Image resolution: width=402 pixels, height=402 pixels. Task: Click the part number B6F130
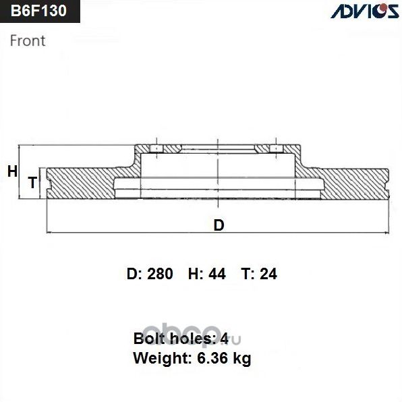pos(38,11)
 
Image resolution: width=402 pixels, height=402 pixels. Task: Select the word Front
pos(28,40)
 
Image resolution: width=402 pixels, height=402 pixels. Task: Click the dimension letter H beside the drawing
pos(11,172)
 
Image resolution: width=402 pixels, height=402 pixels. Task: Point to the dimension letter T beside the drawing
pos(31,182)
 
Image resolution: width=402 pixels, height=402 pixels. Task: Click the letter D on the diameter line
pos(218,225)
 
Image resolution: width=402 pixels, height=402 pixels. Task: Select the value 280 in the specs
pos(160,274)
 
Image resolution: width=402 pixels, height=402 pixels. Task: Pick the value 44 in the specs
pos(219,274)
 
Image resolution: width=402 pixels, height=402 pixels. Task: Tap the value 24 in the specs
pos(268,274)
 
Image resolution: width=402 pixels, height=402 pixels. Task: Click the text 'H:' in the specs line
pos(196,274)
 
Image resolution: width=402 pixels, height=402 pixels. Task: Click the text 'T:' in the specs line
pos(247,274)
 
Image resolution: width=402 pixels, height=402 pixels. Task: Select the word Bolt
pos(149,338)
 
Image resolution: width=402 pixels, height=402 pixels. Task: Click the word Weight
pos(157,358)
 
